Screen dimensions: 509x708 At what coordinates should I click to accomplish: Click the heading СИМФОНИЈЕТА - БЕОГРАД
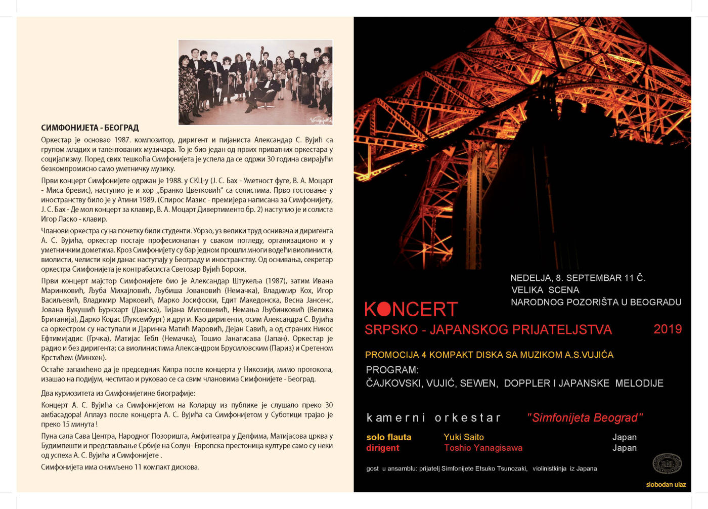(x=90, y=128)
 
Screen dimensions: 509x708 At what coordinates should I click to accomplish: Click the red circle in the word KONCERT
(x=384, y=309)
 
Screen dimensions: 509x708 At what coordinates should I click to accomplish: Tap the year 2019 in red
(x=668, y=329)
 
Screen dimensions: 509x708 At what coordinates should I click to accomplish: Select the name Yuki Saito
(x=463, y=437)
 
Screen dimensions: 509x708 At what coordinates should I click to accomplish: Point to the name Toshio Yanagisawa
(x=483, y=448)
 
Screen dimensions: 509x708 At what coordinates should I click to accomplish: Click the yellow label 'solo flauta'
(x=388, y=437)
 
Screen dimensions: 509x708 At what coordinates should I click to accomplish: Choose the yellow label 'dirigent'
(x=382, y=448)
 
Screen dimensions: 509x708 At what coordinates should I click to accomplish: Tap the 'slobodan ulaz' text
(x=666, y=484)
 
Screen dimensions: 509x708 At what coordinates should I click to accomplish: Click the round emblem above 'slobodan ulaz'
(x=667, y=463)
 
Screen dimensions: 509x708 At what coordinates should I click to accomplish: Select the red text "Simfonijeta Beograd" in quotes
(x=585, y=417)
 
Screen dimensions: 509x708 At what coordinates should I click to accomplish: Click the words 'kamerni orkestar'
(x=433, y=417)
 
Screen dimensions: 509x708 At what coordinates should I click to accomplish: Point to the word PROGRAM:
(x=392, y=370)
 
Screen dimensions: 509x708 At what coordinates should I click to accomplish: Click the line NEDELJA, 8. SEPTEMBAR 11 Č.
(x=578, y=278)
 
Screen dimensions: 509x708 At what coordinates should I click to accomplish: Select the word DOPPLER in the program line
(x=526, y=383)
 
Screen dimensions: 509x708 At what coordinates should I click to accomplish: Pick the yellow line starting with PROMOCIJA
(x=489, y=355)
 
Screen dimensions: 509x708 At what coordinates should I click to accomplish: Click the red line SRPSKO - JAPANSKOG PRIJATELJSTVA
(x=488, y=330)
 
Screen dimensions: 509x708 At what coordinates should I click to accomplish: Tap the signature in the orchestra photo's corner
(x=320, y=119)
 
